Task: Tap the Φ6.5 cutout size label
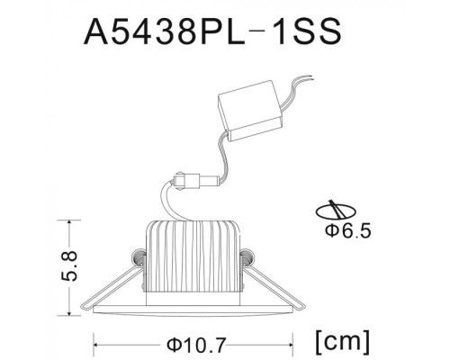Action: point(346,232)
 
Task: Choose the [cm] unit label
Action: point(343,341)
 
